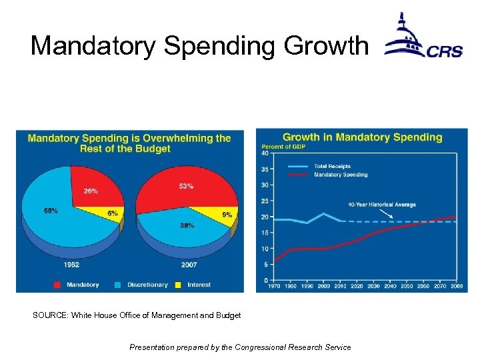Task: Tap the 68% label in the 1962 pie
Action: [51, 211]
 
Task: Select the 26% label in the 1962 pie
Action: [91, 191]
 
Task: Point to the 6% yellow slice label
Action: [112, 213]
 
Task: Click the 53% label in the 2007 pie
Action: [186, 187]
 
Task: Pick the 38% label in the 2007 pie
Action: [187, 225]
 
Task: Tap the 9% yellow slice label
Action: [227, 215]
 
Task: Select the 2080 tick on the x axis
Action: [456, 286]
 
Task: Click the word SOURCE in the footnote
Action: [50, 315]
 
